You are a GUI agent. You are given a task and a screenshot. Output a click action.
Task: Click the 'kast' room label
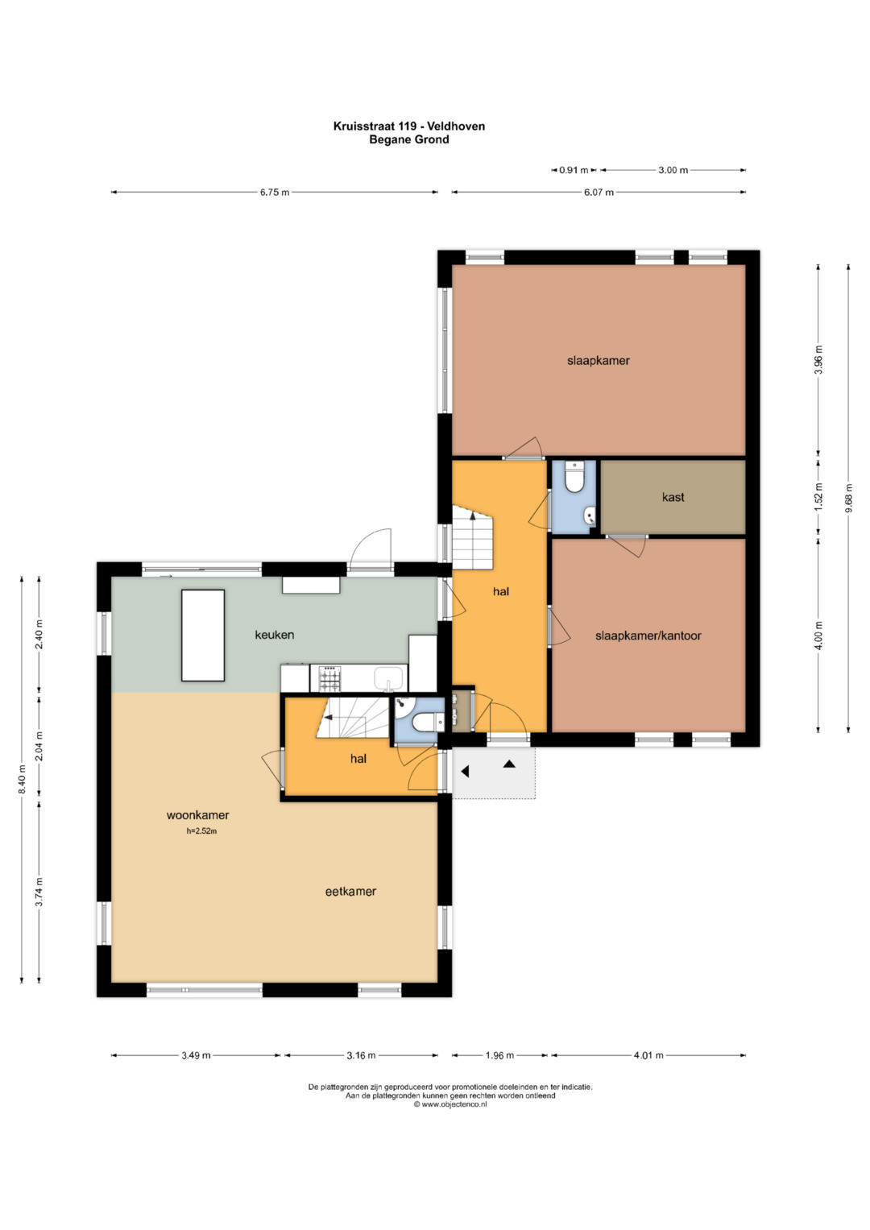click(673, 497)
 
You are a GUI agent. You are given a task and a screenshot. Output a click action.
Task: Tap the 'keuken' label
click(274, 635)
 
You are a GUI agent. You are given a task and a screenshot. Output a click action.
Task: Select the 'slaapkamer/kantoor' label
click(648, 636)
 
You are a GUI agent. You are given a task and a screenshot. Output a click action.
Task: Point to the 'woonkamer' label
click(197, 815)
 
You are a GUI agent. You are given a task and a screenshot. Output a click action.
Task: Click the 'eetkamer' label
click(350, 891)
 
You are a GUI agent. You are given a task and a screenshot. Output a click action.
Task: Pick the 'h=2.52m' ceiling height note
click(201, 831)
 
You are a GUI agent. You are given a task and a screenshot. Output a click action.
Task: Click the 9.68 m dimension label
click(848, 498)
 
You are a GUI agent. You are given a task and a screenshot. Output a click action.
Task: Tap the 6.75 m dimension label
click(275, 193)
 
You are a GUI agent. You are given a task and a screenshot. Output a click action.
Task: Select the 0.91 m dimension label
click(574, 170)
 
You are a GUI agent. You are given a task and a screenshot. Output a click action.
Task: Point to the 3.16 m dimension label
click(361, 1055)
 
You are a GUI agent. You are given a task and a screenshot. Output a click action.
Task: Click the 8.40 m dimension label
click(22, 779)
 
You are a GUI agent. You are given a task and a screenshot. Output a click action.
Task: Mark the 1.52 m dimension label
click(818, 496)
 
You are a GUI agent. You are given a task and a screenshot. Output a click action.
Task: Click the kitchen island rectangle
click(203, 636)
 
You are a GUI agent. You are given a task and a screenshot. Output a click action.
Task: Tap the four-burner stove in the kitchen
click(330, 679)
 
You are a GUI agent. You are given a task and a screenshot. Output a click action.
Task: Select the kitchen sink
click(389, 678)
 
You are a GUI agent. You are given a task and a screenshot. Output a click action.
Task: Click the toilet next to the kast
click(574, 478)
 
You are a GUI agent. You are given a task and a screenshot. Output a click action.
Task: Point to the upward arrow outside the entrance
click(509, 764)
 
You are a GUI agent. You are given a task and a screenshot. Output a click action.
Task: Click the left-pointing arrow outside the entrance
click(465, 772)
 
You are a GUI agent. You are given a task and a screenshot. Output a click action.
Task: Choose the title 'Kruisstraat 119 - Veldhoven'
click(409, 126)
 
